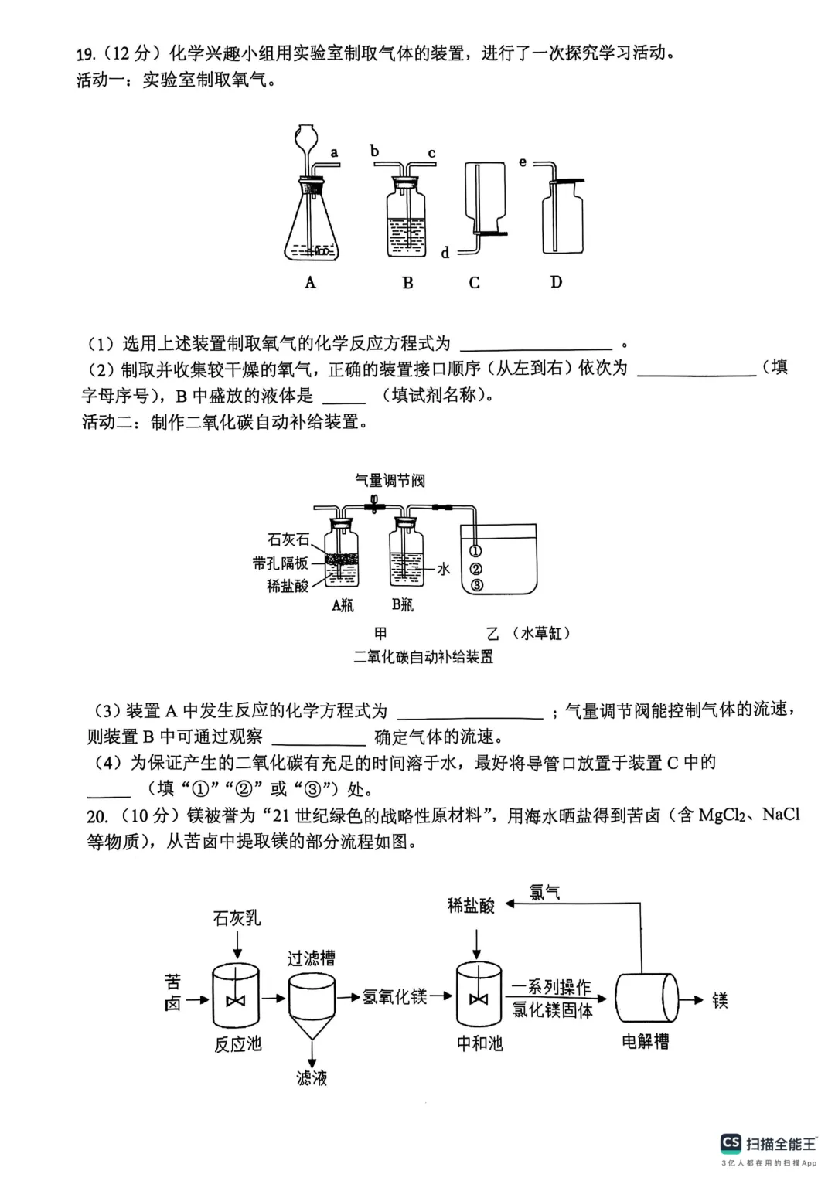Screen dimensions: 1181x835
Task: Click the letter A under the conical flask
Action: [x=310, y=283]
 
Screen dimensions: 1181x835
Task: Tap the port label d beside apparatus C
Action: [x=445, y=253]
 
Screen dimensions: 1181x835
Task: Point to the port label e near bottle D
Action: [x=523, y=162]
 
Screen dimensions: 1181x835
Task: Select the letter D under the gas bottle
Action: [x=556, y=282]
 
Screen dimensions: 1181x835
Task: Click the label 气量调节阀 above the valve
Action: [x=390, y=481]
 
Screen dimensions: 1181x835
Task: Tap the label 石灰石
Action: [x=288, y=539]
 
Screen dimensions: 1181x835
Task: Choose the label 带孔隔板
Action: [x=280, y=563]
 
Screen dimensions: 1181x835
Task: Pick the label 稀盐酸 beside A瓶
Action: [x=288, y=586]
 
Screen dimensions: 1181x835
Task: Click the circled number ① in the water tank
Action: [x=476, y=551]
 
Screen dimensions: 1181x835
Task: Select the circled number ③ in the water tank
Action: [x=476, y=585]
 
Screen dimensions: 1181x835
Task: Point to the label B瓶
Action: [x=402, y=604]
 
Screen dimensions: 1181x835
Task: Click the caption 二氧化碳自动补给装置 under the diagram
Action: [x=423, y=657]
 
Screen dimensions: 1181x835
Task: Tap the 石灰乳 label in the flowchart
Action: [x=237, y=918]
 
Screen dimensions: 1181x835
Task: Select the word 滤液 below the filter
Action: [x=312, y=1077]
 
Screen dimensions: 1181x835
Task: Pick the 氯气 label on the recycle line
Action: [x=545, y=892]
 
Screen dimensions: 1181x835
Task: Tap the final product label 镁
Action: [x=720, y=1000]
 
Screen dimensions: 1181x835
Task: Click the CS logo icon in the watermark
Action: [x=731, y=1143]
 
